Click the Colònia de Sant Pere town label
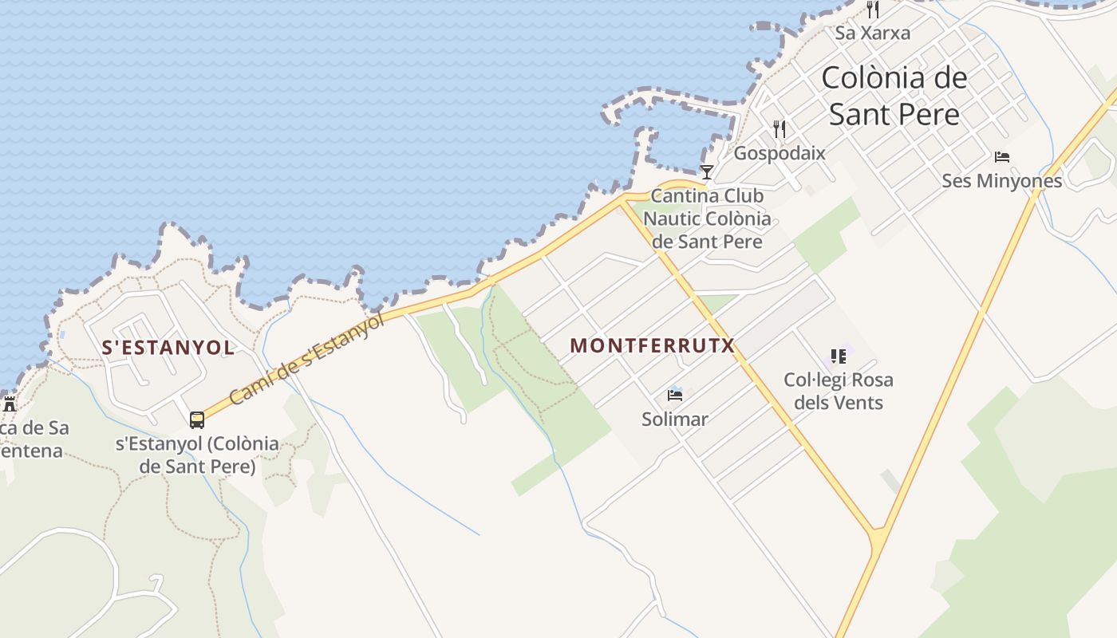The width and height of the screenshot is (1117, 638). pos(894,96)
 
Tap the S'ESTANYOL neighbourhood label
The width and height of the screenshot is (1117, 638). pos(168,348)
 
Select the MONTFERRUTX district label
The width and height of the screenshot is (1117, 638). pos(652,345)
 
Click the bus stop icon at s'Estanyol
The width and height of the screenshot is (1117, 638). pos(197,419)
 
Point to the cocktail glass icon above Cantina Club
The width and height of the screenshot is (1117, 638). pos(706,171)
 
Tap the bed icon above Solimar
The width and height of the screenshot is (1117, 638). pos(675,395)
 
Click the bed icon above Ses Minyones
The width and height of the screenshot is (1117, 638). pos(1002,157)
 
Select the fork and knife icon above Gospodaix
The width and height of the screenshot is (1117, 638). pos(780,128)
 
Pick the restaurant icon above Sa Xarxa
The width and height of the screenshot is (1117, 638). pos(873,10)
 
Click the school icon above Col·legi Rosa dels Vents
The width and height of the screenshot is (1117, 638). pos(838,356)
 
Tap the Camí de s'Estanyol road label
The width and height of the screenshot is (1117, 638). pos(306,359)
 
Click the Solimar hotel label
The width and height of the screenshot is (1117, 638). pos(675,419)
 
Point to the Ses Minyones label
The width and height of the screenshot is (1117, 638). pos(1002,181)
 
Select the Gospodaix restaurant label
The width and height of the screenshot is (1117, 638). pos(780,153)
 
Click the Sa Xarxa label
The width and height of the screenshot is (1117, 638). pos(873,33)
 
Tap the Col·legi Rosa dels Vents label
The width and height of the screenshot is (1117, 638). pos(839,391)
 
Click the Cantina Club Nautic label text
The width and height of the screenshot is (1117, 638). pos(707,219)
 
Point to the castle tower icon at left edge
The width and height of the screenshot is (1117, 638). pos(10,404)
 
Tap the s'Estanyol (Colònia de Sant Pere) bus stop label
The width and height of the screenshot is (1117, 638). pos(197,455)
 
